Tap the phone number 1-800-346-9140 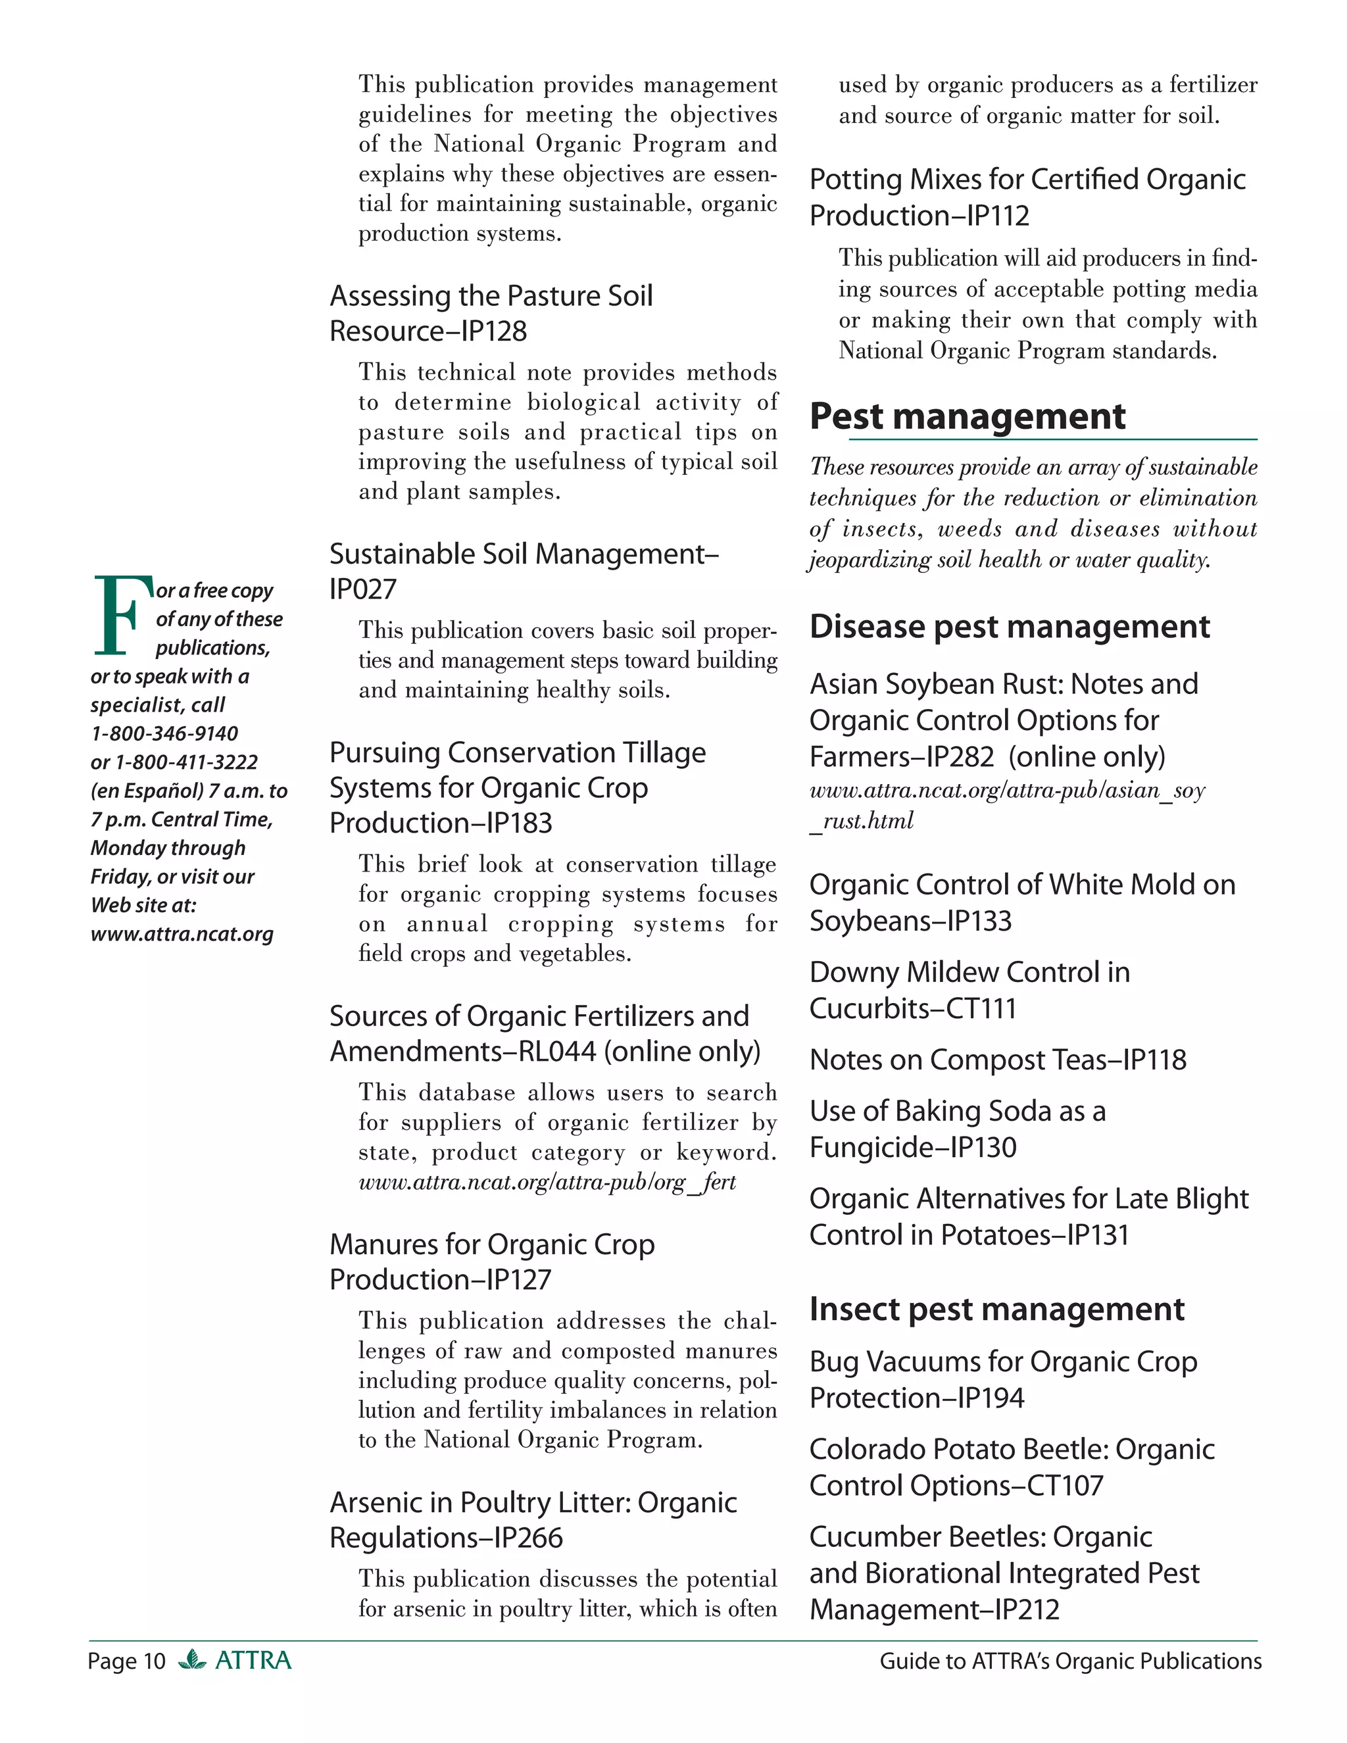164,733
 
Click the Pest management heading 967,416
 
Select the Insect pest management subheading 996,1309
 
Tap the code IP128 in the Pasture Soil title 497,331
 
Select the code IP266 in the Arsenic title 528,1538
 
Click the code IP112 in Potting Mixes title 998,216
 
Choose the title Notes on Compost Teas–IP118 998,1060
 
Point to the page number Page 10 126,1661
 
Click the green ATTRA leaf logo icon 191,1659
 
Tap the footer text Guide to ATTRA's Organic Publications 1070,1661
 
